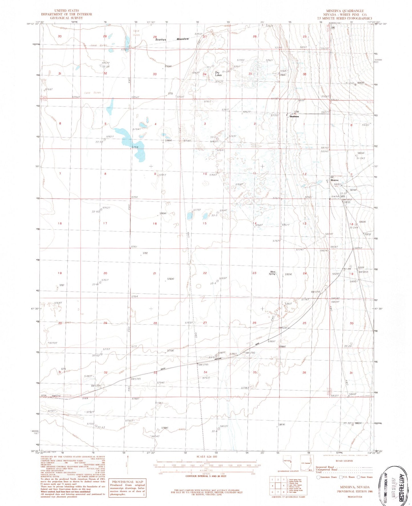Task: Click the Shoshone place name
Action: point(294,116)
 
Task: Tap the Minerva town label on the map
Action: point(334,180)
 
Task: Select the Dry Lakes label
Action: point(218,74)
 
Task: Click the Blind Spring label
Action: point(272,273)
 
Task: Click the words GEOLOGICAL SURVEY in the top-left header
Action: point(66,18)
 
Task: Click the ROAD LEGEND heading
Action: point(344,461)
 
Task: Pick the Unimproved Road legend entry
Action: point(327,469)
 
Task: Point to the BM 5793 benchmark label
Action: point(203,365)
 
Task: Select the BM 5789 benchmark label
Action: point(136,379)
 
